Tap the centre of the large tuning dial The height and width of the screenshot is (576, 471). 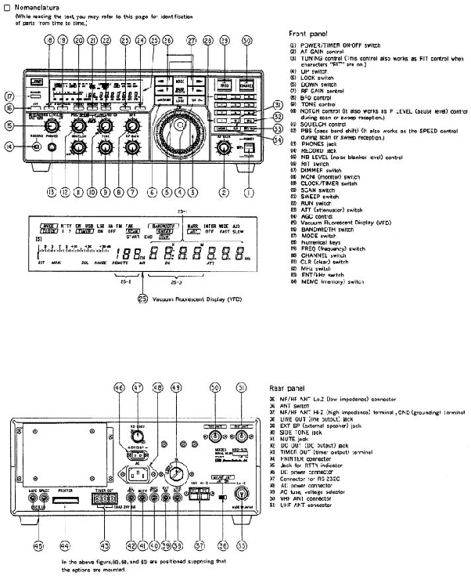tap(179, 125)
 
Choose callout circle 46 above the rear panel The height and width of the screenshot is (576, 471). tap(119, 387)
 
